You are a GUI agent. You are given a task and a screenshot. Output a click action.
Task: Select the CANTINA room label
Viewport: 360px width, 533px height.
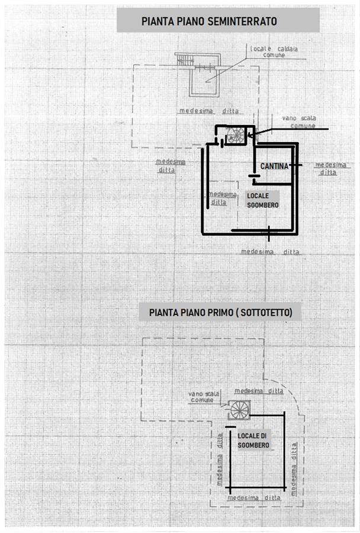274,166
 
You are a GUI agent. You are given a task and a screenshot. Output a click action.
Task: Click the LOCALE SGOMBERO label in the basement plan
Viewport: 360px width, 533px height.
263,201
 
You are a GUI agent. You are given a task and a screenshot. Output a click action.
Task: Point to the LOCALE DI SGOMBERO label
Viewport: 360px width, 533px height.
253,441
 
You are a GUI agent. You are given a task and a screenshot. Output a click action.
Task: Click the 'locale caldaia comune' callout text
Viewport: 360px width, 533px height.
274,52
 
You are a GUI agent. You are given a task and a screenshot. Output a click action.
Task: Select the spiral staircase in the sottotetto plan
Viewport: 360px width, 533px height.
240,410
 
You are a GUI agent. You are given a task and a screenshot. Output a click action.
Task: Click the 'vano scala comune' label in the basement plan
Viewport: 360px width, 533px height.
299,122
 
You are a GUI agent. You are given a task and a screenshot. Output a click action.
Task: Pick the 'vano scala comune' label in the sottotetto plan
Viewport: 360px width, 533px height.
204,397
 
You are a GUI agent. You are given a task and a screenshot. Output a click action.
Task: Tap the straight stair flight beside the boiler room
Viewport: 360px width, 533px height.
185,60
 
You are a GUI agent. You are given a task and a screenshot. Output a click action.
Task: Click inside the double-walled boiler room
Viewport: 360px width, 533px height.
204,82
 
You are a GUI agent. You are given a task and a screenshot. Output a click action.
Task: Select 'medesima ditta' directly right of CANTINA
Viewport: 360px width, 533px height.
330,169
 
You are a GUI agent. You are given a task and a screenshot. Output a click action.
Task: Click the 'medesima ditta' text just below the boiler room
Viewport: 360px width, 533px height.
209,111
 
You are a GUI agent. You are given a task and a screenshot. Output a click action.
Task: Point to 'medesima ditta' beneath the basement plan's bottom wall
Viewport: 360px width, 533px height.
270,252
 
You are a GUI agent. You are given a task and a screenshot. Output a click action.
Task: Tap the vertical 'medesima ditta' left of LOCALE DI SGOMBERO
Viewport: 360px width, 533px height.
220,459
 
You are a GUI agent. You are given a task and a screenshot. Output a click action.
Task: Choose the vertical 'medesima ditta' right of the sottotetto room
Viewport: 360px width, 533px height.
294,469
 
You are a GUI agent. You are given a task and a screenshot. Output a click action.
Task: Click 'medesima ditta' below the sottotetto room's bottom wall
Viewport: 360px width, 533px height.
254,497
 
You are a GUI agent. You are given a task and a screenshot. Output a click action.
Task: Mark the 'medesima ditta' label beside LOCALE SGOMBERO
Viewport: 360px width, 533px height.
222,198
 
